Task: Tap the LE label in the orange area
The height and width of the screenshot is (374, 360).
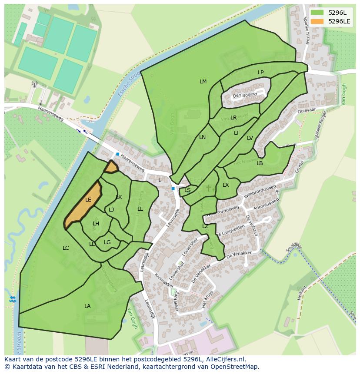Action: click(x=88, y=200)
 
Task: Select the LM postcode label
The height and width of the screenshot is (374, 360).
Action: click(x=203, y=82)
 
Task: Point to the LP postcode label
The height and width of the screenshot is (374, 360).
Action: click(x=260, y=73)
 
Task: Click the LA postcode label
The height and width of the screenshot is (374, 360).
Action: click(x=87, y=306)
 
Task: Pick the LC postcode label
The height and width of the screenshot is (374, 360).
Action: click(x=66, y=248)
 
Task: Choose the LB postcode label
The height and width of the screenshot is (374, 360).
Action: click(x=260, y=163)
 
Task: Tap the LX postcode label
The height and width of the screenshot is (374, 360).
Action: click(x=226, y=185)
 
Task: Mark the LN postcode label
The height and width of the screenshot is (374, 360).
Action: click(x=202, y=137)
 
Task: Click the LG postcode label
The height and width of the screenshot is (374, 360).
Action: click(x=107, y=242)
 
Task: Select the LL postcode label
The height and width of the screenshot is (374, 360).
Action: click(x=140, y=209)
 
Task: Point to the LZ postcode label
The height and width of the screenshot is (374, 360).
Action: click(x=205, y=226)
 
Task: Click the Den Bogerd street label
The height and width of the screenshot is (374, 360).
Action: click(x=245, y=95)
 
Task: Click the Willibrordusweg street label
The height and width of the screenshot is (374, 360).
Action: click(x=260, y=192)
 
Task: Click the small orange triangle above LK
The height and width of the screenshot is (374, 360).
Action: click(x=111, y=167)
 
